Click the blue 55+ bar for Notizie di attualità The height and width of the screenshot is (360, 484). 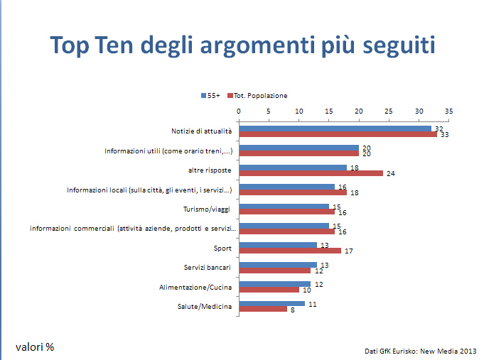coord(334,129)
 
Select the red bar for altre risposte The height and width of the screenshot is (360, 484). coord(311,173)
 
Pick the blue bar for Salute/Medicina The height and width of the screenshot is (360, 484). coord(271,303)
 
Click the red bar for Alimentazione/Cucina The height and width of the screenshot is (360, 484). coord(269,289)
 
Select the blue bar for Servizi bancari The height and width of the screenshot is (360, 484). coord(277,265)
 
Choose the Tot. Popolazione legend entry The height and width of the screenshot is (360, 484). coord(257,96)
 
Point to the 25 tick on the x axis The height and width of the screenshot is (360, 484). coord(389,111)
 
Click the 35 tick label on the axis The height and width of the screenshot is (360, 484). coord(448,111)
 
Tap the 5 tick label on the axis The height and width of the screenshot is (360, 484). coord(269,111)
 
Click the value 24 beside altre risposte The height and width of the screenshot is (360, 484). coord(390,173)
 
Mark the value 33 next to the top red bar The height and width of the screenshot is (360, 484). coord(444,134)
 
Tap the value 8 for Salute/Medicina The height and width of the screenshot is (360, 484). coord(292,309)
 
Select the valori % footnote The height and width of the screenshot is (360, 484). coord(35,347)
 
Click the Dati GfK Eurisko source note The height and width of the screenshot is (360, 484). coord(421,351)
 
